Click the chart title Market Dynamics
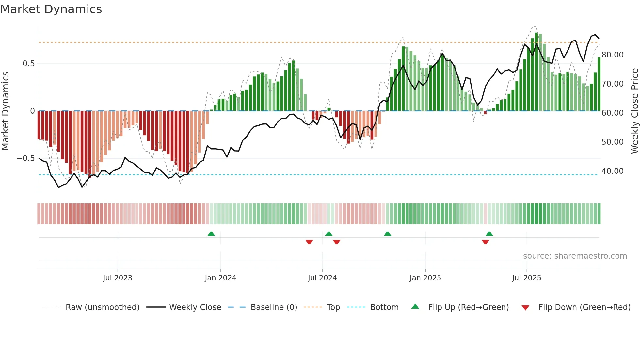point(51,9)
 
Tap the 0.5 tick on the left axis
point(28,64)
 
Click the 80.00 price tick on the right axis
point(612,55)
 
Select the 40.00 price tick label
point(612,171)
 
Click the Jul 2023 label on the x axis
point(118,278)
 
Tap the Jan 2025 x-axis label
point(425,278)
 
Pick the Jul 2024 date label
point(322,278)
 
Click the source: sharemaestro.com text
point(575,256)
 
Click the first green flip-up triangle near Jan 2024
point(211,234)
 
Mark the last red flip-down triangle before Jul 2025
point(485,242)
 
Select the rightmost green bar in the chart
point(599,84)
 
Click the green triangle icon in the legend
point(415,306)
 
